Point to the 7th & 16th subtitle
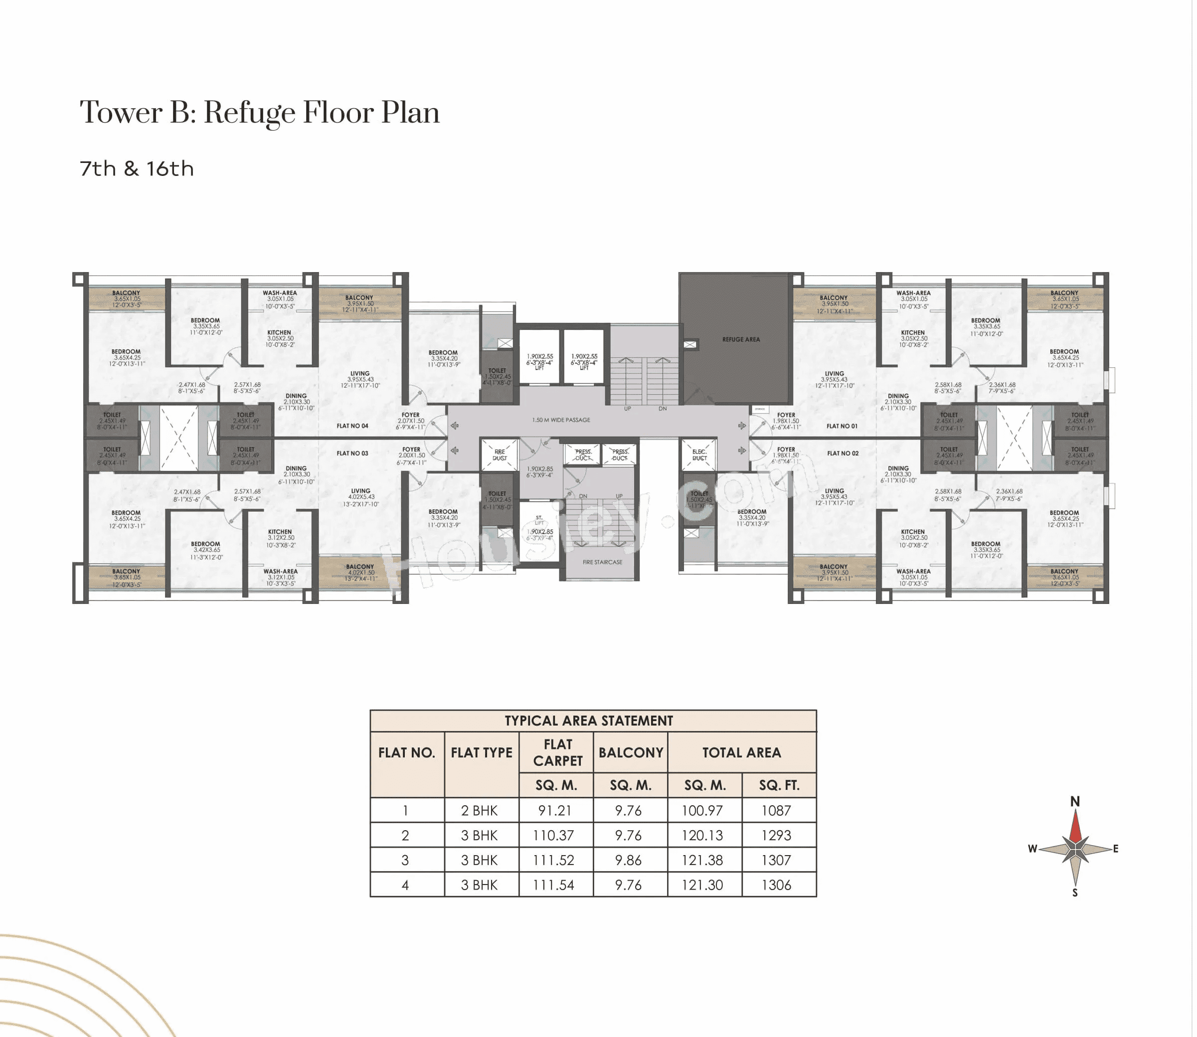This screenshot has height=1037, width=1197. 137,169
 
